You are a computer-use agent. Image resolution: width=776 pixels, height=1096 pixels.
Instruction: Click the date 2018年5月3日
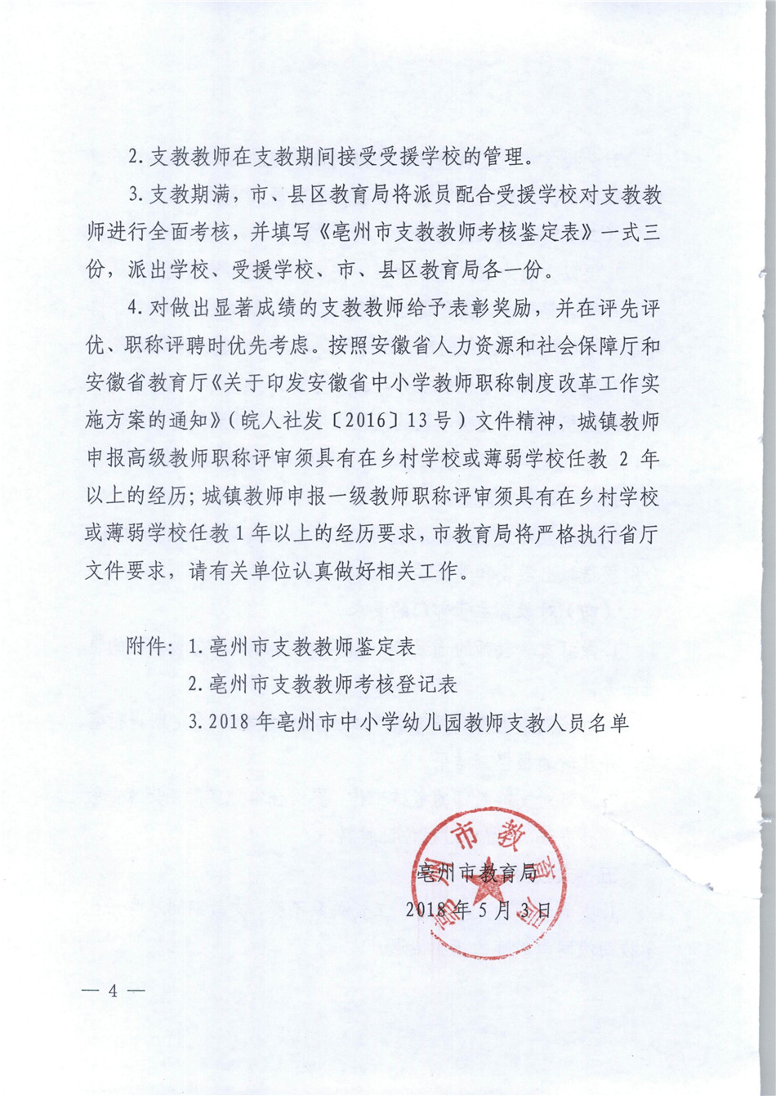479,909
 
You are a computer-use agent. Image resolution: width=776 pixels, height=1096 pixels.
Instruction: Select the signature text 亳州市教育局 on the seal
475,873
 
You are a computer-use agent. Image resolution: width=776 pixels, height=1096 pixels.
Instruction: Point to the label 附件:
150,648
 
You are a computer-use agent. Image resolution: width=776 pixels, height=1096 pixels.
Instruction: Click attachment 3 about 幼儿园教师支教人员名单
408,722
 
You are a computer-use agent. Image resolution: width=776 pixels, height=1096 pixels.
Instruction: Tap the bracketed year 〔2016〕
363,422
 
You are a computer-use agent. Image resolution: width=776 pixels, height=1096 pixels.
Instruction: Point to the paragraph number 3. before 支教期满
136,196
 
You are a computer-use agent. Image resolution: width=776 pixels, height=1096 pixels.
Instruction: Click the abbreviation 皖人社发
279,422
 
